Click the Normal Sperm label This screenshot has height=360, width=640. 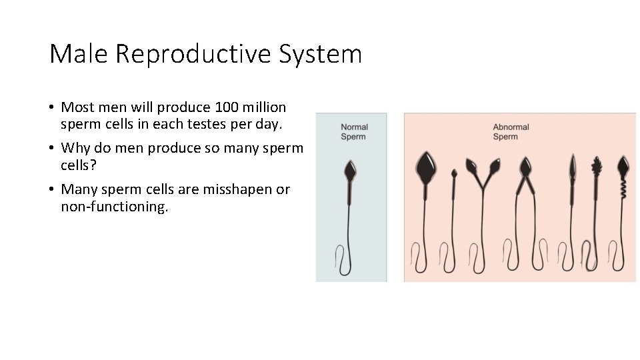click(354, 131)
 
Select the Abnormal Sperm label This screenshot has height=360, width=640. click(511, 131)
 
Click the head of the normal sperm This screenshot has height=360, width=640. click(350, 171)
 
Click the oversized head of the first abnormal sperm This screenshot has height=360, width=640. click(425, 167)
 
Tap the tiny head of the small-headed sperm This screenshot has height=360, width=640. click(454, 173)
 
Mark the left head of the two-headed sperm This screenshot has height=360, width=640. click(471, 164)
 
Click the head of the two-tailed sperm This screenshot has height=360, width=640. click(525, 165)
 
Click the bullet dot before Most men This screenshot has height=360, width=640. click(51, 108)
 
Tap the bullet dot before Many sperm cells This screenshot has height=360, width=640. click(51, 190)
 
